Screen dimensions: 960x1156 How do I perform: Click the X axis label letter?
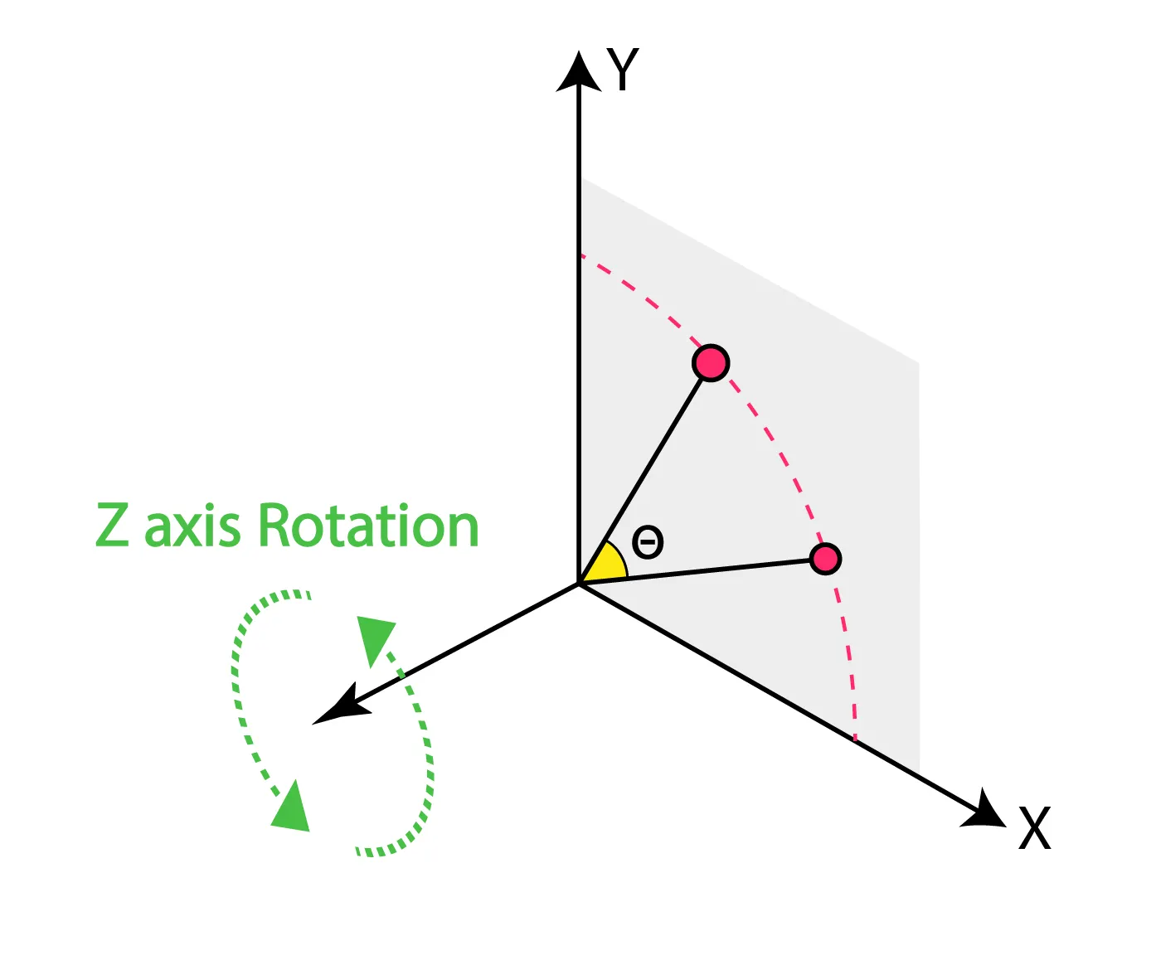[x=1034, y=827]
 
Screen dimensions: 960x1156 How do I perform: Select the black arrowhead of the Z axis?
[x=338, y=707]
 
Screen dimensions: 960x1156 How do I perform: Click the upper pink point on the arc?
[x=711, y=363]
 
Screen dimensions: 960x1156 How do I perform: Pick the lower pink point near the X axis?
[x=825, y=559]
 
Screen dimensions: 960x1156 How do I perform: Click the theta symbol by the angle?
[x=648, y=543]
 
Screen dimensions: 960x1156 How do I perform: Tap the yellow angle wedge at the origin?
[x=607, y=565]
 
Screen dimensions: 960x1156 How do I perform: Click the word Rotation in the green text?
[x=369, y=526]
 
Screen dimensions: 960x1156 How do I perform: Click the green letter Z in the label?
[x=113, y=526]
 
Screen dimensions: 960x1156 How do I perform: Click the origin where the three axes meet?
[x=579, y=584]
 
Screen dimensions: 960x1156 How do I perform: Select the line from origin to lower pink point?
[x=697, y=572]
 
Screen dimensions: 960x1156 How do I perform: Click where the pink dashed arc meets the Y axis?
[x=580, y=255]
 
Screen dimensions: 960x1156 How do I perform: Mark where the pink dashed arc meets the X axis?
[x=855, y=738]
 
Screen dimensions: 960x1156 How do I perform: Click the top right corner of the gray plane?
[x=918, y=363]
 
